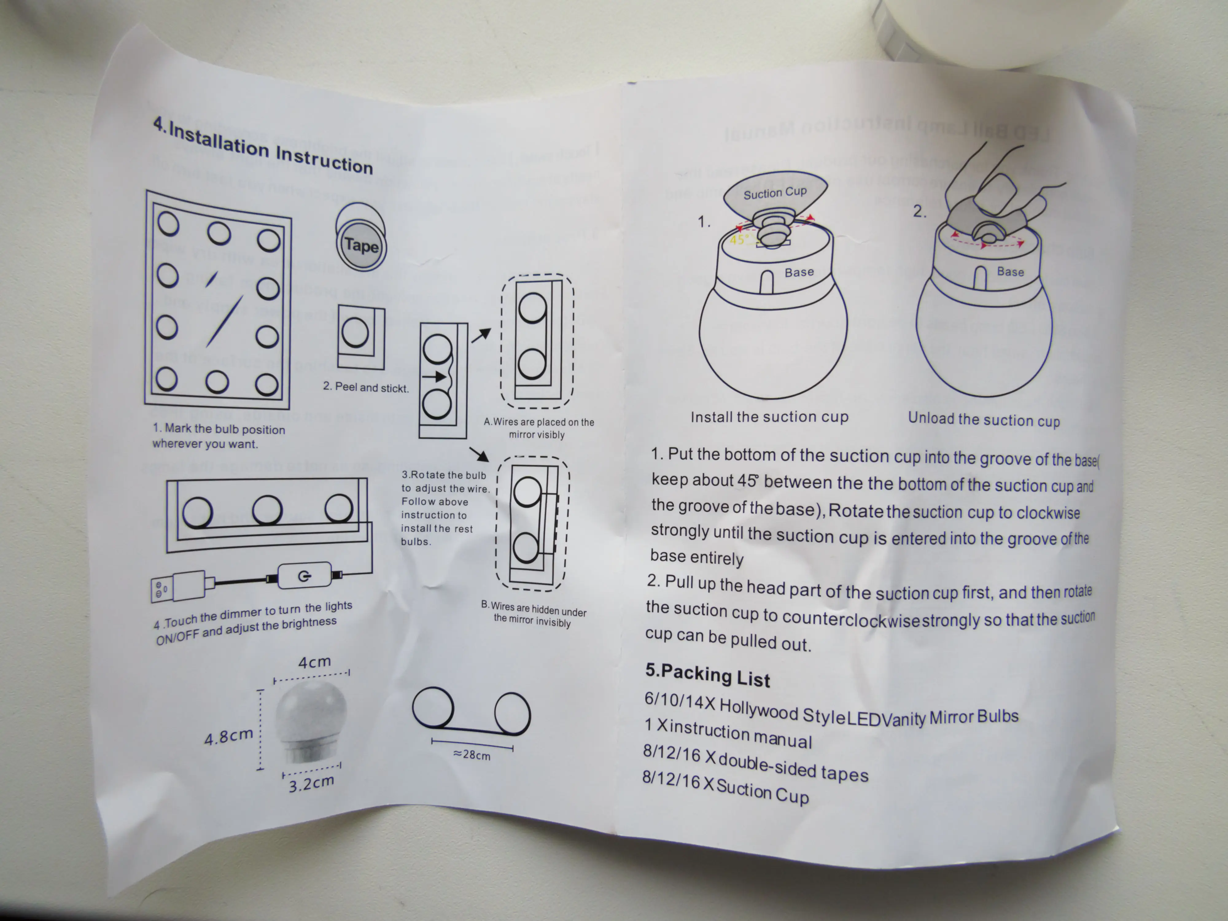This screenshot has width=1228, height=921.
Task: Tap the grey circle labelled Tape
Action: [361, 245]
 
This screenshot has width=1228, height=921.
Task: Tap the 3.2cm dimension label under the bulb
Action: [311, 783]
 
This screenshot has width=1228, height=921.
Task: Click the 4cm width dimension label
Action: [314, 662]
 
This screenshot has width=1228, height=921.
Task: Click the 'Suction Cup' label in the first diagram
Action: [775, 192]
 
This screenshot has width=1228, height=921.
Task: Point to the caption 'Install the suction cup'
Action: [769, 417]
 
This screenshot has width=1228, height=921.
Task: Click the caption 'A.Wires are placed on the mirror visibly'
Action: [538, 428]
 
